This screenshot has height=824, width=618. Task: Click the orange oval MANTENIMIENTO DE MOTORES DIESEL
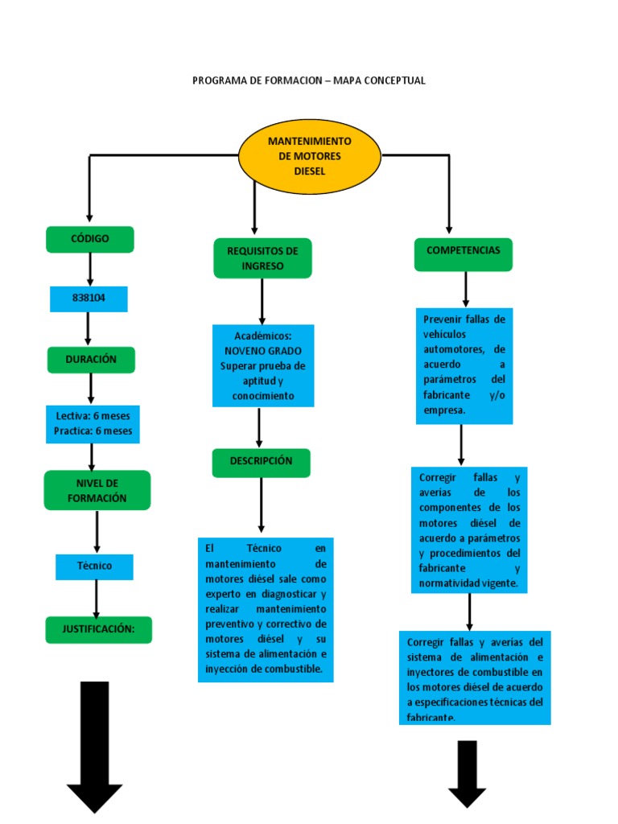click(x=310, y=156)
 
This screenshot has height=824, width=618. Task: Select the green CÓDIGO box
click(x=90, y=239)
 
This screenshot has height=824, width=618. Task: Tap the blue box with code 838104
click(x=89, y=299)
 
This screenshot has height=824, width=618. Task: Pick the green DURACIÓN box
click(x=91, y=360)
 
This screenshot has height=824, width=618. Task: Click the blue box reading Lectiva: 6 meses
click(x=93, y=424)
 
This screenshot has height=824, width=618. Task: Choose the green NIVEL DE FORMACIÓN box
click(x=97, y=490)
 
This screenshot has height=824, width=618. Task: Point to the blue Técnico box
click(x=95, y=566)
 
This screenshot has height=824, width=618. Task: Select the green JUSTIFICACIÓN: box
click(x=99, y=629)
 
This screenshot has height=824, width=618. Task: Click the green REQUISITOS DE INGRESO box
click(x=263, y=258)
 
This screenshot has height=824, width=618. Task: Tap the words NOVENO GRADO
click(x=263, y=351)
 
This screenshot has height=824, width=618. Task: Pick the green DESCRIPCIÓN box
click(x=262, y=463)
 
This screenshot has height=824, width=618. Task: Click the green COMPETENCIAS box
click(x=463, y=254)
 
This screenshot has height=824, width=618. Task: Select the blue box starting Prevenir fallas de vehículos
click(x=464, y=366)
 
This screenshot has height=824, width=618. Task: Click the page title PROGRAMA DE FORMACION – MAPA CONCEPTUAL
click(x=309, y=80)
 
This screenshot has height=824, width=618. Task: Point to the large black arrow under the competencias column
click(x=468, y=773)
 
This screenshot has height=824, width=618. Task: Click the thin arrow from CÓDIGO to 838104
click(x=90, y=270)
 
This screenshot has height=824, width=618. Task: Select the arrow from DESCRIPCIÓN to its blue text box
click(x=262, y=505)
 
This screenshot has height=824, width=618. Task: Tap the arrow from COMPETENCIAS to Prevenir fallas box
click(x=466, y=290)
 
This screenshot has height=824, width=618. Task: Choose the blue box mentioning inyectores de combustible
click(x=475, y=678)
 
